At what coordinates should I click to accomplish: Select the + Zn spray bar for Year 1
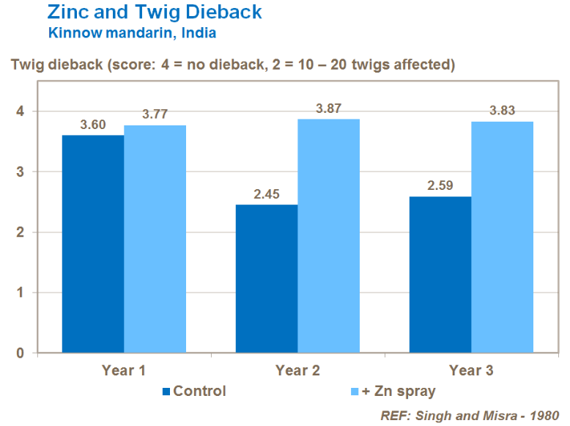pyautogui.click(x=155, y=239)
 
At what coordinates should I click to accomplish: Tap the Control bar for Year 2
pyautogui.click(x=267, y=279)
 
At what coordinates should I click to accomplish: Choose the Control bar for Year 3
pyautogui.click(x=440, y=274)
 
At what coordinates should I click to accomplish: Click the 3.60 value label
pyautogui.click(x=93, y=125)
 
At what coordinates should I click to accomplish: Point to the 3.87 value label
pyautogui.click(x=328, y=109)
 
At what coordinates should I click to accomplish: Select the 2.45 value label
pyautogui.click(x=267, y=194)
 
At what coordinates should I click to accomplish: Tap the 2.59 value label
pyautogui.click(x=440, y=186)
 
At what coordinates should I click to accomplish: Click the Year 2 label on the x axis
pyautogui.click(x=297, y=370)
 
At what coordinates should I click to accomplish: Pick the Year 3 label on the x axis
pyautogui.click(x=471, y=370)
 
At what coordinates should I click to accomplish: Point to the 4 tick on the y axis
pyautogui.click(x=21, y=111)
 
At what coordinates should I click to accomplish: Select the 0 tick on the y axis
pyautogui.click(x=21, y=353)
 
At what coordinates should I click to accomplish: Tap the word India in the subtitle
pyautogui.click(x=196, y=33)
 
